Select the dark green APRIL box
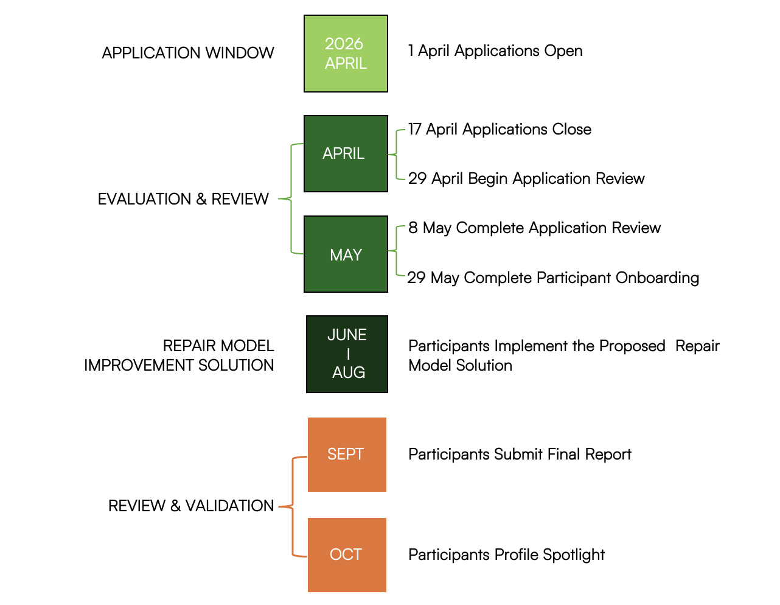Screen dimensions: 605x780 point(346,153)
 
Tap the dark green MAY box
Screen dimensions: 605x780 point(346,254)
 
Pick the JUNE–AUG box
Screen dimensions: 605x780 point(347,354)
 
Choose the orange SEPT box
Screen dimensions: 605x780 point(347,454)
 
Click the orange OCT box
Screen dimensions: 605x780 point(347,554)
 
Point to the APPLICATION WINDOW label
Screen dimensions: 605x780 point(188,53)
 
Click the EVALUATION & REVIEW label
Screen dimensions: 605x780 point(183,199)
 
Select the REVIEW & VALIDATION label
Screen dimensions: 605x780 point(191,506)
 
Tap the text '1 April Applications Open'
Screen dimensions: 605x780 point(495,51)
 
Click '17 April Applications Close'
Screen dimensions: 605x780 point(500,130)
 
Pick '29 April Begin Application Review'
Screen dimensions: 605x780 point(526,178)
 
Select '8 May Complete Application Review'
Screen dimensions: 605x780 point(534,228)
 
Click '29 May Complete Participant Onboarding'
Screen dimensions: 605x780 point(553,278)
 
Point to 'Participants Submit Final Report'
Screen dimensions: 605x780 point(520,455)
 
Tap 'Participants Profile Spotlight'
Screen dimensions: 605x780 point(506,555)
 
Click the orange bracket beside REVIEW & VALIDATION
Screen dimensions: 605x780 point(293,506)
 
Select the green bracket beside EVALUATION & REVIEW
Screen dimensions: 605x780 point(291,198)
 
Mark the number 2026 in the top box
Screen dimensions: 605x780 point(344,44)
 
